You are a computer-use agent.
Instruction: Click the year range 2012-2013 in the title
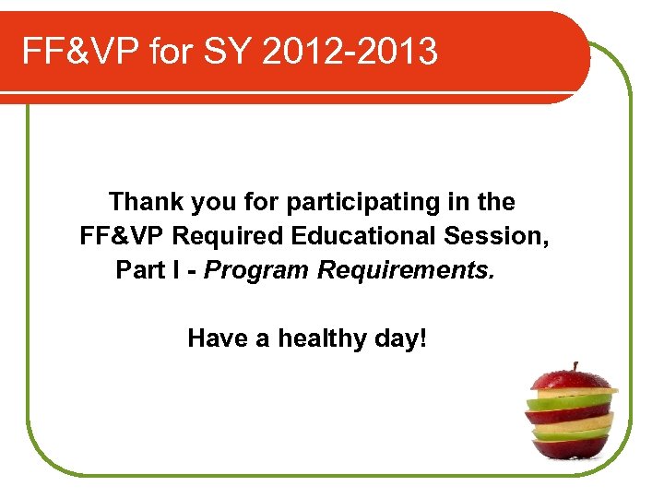[x=350, y=53]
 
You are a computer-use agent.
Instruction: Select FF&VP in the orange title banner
[x=82, y=53]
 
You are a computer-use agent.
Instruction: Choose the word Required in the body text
[x=228, y=236]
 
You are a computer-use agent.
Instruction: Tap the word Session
[x=497, y=236]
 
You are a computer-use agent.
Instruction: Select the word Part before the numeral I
[x=139, y=270]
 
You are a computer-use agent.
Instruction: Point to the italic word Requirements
[x=407, y=270]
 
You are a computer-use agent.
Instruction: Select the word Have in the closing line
[x=219, y=338]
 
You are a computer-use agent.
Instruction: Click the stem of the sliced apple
[x=575, y=367]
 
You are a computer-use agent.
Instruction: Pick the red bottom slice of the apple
[x=571, y=448]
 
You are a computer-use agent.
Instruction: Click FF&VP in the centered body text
[x=123, y=236]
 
